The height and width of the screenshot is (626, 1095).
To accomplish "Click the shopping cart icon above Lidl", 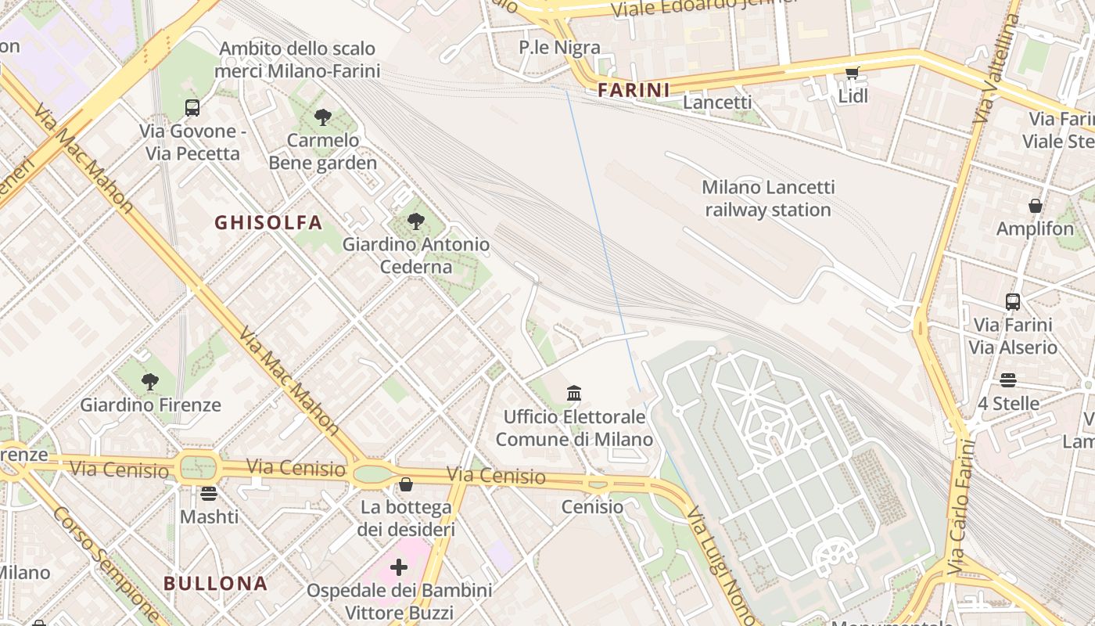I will pos(852,73).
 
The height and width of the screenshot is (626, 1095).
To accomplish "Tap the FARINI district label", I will pos(634,90).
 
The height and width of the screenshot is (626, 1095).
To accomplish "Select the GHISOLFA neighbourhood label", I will pos(268,223).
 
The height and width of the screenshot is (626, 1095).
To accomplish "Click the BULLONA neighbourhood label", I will pos(215,584).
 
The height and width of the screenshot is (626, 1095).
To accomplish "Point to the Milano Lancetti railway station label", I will pos(767,199).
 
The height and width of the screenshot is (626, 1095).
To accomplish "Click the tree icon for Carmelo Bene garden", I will pos(322,118).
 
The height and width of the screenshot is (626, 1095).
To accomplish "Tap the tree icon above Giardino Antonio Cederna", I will pos(416,222).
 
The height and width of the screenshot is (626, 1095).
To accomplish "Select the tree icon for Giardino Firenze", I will pos(149,383).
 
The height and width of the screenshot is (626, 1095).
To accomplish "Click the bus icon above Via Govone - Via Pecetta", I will pos(192,108).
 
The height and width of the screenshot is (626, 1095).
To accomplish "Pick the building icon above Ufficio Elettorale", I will pos(574,393).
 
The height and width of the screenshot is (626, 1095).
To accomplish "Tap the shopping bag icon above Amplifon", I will pos(1035,206).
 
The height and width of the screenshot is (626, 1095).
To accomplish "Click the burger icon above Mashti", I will pos(208,494).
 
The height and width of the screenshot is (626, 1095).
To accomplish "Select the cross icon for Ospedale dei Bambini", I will pos(399,567).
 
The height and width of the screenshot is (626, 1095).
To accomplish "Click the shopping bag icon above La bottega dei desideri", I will pos(405,485).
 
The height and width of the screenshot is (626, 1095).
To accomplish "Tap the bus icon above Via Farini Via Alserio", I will pos(1012,301).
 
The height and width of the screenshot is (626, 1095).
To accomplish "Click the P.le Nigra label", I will pos(559,48).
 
